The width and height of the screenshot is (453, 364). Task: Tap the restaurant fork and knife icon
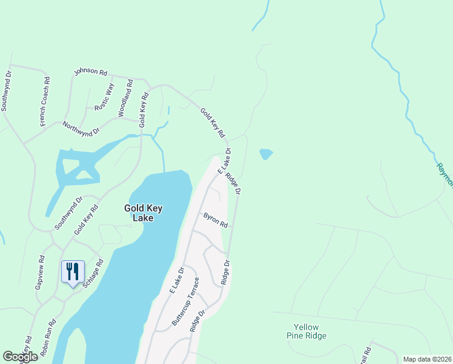[x=73, y=271]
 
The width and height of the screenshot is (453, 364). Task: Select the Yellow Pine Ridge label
[x=306, y=331]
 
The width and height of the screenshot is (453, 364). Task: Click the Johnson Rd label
[x=90, y=72]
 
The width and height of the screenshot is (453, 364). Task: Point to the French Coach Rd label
[x=45, y=101]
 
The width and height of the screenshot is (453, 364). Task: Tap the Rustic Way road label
[x=104, y=97]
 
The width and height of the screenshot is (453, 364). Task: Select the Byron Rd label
[x=215, y=220]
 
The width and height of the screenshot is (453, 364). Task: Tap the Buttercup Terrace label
[x=185, y=302]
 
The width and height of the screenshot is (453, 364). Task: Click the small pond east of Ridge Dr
[x=266, y=155]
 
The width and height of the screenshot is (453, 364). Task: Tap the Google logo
[x=20, y=357]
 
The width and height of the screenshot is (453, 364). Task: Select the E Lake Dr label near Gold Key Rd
[x=224, y=159]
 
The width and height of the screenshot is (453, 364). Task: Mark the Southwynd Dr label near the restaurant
[x=68, y=213]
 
